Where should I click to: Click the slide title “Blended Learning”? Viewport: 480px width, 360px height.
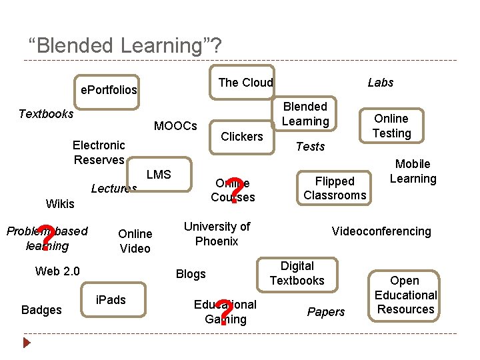click(x=125, y=45)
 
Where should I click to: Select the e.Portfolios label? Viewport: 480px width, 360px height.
click(x=109, y=89)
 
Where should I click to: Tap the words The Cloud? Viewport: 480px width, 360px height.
click(x=245, y=82)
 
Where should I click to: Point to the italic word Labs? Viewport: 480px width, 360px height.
click(x=380, y=82)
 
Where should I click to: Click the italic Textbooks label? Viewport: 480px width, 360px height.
click(x=46, y=113)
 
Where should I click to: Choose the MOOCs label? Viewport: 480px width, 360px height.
click(x=175, y=125)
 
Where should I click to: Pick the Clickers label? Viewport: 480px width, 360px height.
click(x=241, y=136)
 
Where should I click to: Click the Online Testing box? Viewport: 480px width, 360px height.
click(x=391, y=125)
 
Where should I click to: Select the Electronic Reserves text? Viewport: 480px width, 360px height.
click(x=99, y=152)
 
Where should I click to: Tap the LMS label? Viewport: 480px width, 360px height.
click(x=159, y=174)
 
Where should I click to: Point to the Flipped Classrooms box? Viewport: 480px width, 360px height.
click(x=335, y=188)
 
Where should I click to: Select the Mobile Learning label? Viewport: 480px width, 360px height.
click(x=413, y=171)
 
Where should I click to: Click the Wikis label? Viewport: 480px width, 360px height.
click(x=60, y=203)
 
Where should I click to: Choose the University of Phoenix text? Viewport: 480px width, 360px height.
click(x=217, y=233)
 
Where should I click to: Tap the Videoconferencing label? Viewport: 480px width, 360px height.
click(x=381, y=231)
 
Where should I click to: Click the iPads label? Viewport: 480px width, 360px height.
click(x=111, y=299)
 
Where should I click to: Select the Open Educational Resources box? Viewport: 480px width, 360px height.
click(x=405, y=295)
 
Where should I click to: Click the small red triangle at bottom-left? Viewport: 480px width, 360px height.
click(x=27, y=343)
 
